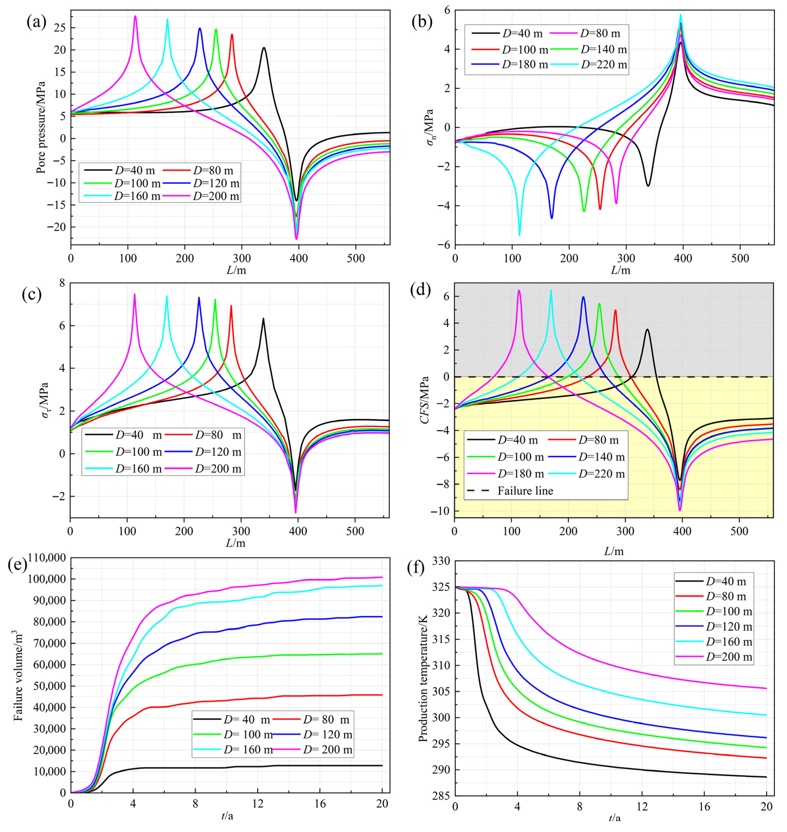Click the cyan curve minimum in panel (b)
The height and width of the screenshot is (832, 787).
[519, 235]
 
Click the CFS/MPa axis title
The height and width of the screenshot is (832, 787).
[425, 400]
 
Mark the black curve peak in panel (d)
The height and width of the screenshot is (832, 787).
[647, 330]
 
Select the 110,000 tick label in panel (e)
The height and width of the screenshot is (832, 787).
[46, 558]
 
